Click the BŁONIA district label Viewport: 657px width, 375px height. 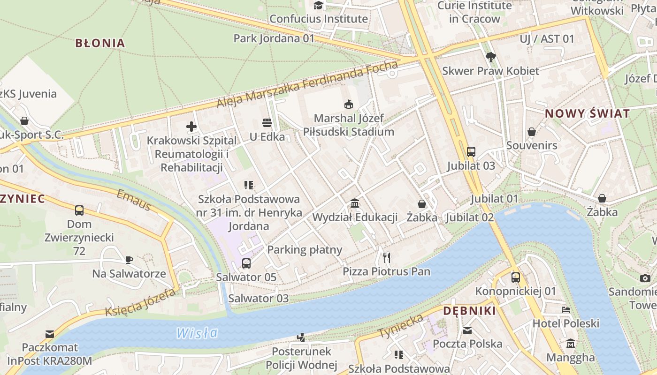pos(100,43)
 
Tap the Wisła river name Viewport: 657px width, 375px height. pos(197,333)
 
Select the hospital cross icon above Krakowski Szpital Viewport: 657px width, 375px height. pos(191,126)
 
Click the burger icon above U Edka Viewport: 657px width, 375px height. pos(267,123)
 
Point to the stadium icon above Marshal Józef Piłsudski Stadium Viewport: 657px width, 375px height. pos(348,104)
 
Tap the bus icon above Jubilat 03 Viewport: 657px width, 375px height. pos(471,151)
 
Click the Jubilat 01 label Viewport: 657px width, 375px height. pos(495,199)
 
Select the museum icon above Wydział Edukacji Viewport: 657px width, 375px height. pos(355,203)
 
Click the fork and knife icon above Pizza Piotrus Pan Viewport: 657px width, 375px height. pos(386,257)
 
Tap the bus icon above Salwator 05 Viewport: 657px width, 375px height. pos(246,263)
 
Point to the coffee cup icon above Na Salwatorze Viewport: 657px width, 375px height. pos(129,260)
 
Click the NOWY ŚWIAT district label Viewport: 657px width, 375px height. pos(587,113)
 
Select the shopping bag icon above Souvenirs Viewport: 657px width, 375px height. pos(532,132)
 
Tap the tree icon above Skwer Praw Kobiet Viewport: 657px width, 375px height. pos(491,57)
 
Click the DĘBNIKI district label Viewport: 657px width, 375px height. pos(469,311)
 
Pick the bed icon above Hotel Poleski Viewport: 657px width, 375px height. pos(566,310)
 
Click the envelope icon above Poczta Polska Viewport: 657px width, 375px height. pos(467,330)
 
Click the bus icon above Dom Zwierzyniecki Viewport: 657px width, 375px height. pos(79,210)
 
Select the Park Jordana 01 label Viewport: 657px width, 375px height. pos(274,38)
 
